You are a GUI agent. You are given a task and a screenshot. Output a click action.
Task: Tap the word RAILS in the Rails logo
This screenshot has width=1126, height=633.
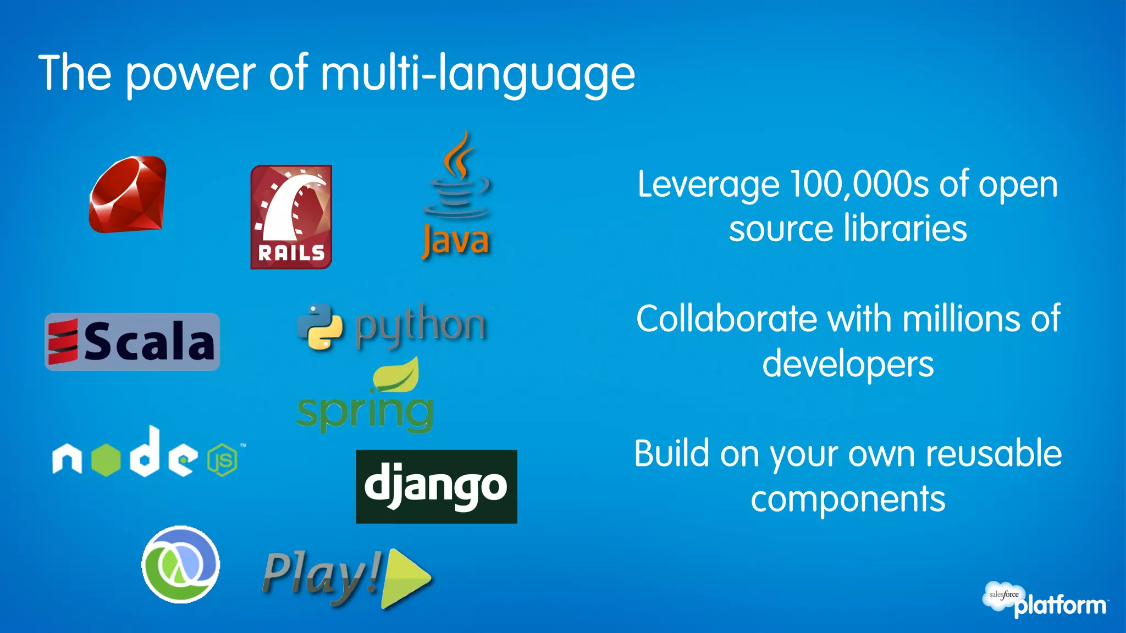tap(291, 253)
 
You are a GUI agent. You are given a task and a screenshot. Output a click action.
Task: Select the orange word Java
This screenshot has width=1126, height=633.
tap(456, 241)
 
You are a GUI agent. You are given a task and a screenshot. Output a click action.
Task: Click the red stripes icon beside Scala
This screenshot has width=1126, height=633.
tap(62, 342)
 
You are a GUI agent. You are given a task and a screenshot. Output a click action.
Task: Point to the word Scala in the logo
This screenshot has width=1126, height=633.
tap(148, 342)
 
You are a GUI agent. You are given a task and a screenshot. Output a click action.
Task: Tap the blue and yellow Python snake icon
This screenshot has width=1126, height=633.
tap(320, 326)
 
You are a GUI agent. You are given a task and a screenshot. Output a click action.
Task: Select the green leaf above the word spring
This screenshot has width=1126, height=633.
tap(396, 374)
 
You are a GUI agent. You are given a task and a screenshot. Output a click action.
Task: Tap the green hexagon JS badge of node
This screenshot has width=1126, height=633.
tap(223, 460)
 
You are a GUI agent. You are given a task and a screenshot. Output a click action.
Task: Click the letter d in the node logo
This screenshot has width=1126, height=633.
tap(146, 452)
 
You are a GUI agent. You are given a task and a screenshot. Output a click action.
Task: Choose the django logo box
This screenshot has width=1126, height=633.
tap(436, 486)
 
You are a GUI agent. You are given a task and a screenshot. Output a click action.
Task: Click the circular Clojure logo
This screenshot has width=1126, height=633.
tap(180, 564)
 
